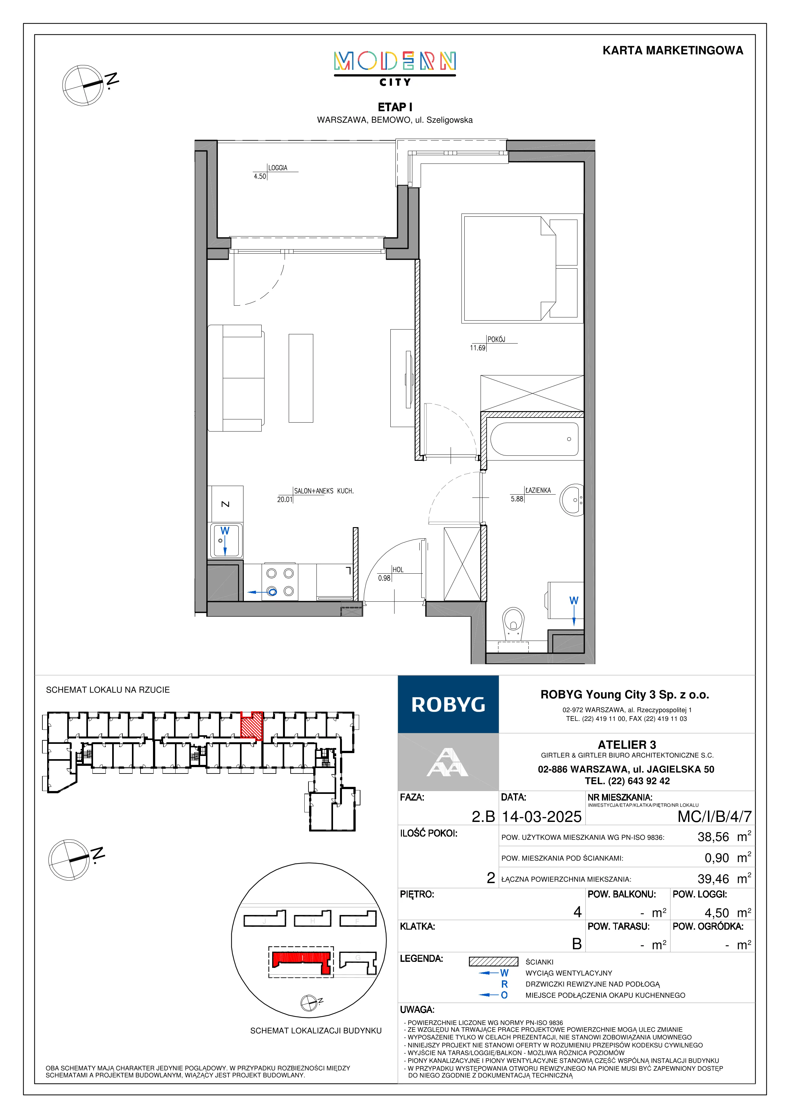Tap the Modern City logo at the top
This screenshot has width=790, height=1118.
[395, 69]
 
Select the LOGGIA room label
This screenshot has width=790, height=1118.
[278, 168]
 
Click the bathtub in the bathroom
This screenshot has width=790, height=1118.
[534, 439]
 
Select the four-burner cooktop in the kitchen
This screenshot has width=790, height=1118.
[280, 582]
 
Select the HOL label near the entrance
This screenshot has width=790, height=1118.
[398, 570]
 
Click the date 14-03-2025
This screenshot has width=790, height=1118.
[542, 817]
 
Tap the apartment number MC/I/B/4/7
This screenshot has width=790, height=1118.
[714, 817]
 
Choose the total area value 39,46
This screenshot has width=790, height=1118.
[714, 879]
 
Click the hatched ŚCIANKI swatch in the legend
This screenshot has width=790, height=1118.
[494, 962]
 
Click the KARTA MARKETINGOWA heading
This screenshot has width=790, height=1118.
[673, 50]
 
